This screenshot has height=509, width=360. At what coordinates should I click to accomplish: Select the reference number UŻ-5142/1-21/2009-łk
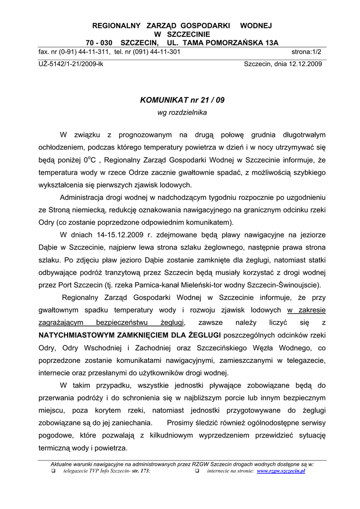coord(71,64)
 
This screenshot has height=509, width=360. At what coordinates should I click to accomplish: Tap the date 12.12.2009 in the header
coord(303,64)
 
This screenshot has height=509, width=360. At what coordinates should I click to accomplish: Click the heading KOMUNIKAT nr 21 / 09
coord(182,100)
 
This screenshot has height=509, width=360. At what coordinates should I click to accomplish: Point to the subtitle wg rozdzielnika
coord(182,113)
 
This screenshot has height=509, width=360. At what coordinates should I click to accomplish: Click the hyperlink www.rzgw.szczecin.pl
coord(281,470)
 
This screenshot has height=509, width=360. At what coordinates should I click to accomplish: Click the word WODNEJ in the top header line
coord(256,25)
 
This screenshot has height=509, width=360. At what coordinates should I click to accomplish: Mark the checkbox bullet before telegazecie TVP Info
coord(53,470)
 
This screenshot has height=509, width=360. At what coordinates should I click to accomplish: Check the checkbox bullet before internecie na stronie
coord(197,470)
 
